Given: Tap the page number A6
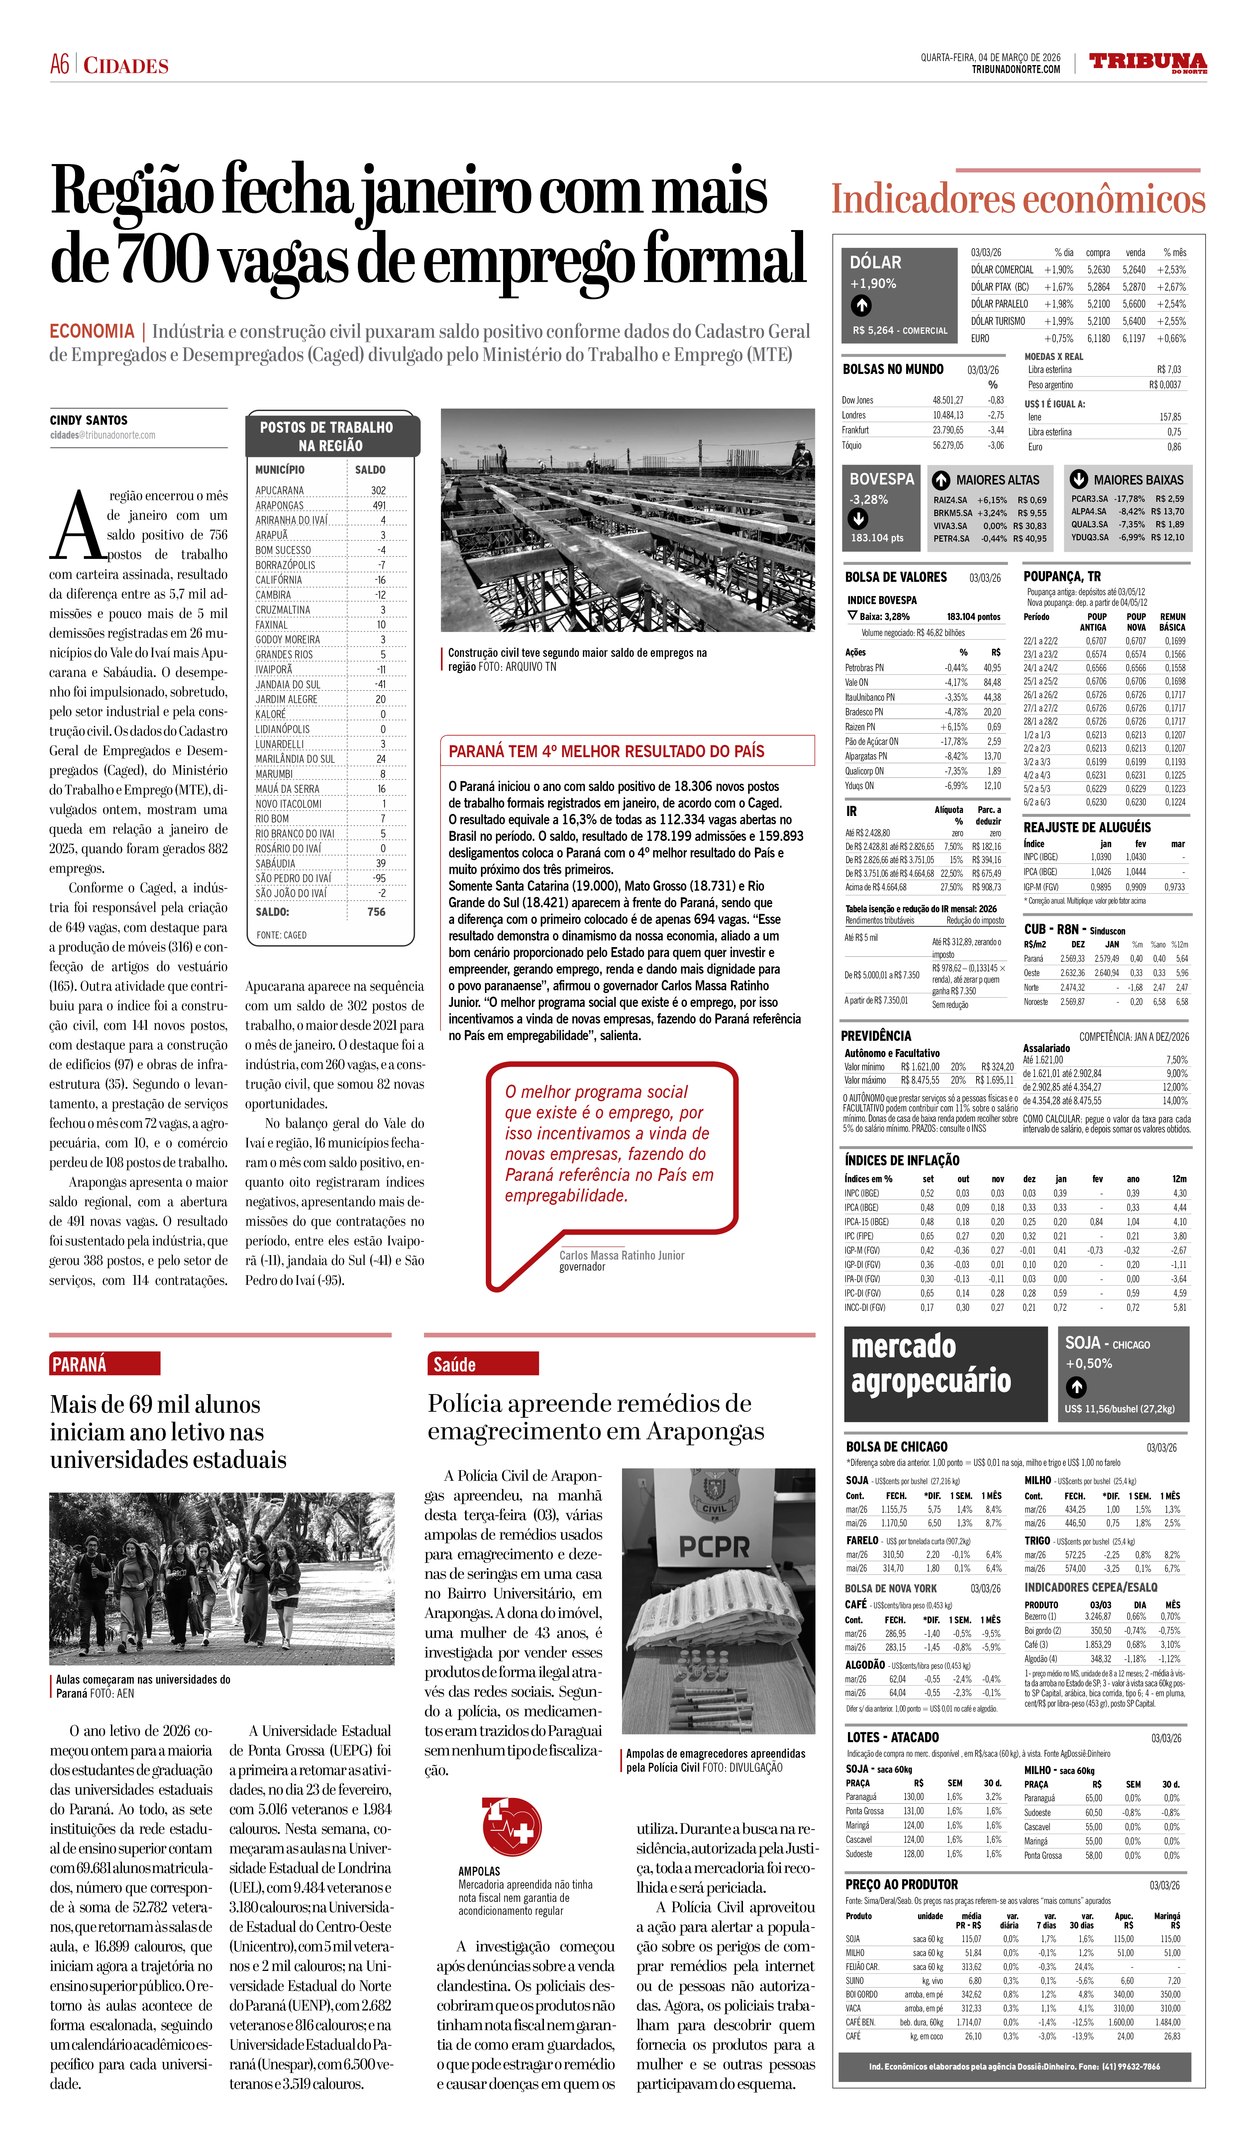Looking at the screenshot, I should [59, 64].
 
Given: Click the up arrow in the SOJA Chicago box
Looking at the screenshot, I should [1076, 1387].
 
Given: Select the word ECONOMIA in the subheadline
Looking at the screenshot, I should [92, 332].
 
